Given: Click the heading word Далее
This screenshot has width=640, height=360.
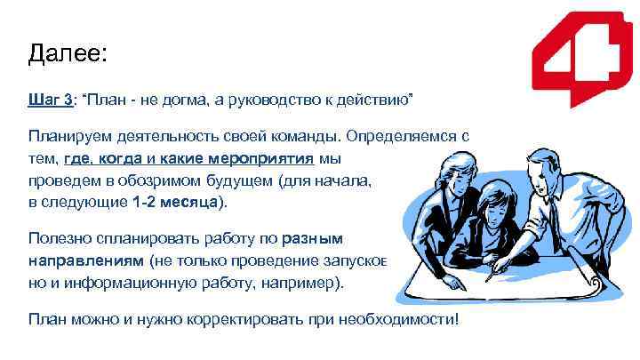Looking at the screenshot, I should pyautogui.click(x=67, y=54).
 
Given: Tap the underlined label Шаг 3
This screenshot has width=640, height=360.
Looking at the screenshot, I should pyautogui.click(x=51, y=101).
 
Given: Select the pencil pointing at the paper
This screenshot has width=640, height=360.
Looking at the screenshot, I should pyautogui.click(x=520, y=268).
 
